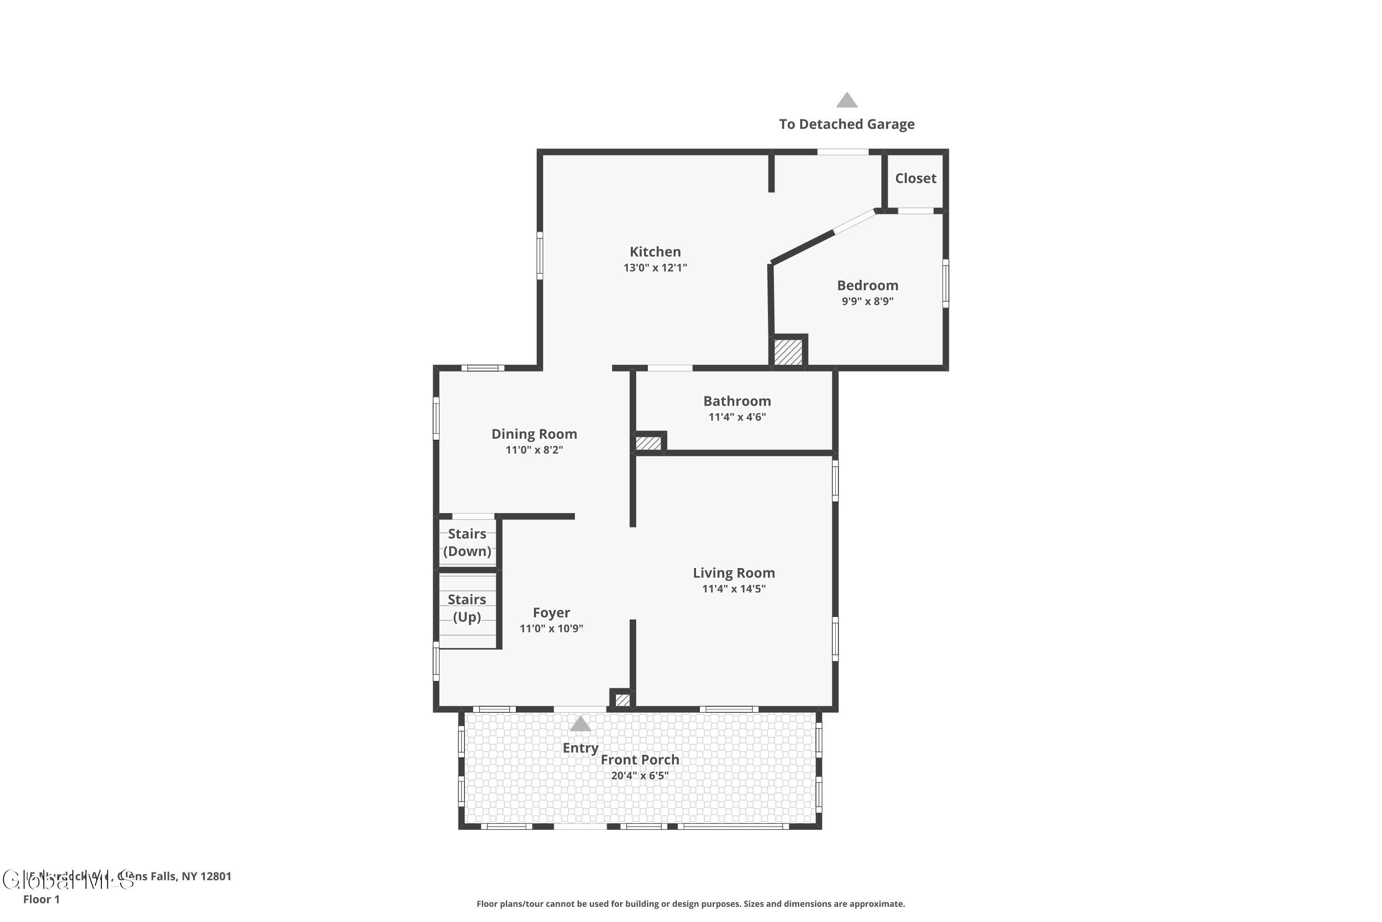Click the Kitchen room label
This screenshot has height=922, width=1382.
655,252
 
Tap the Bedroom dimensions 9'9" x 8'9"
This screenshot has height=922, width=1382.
867,301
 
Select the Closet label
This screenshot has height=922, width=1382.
915,178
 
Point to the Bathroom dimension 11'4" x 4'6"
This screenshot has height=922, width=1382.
737,417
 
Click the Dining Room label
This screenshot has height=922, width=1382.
534,434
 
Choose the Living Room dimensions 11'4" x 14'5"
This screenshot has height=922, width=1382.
734,589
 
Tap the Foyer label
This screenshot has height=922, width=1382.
551,613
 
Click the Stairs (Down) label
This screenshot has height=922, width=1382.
467,542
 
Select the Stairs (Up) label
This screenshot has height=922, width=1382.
467,608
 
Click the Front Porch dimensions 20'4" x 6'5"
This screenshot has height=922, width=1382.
640,775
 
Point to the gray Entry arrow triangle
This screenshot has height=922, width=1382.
580,724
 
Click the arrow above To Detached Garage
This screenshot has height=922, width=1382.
847,100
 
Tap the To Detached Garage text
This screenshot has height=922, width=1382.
847,124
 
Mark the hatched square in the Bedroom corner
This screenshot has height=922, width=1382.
788,352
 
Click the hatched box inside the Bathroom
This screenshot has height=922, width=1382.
648,443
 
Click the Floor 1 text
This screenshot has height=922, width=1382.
41,899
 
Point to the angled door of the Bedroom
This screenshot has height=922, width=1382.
855,222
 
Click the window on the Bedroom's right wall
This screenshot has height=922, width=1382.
945,284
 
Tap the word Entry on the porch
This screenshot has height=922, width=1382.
580,748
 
